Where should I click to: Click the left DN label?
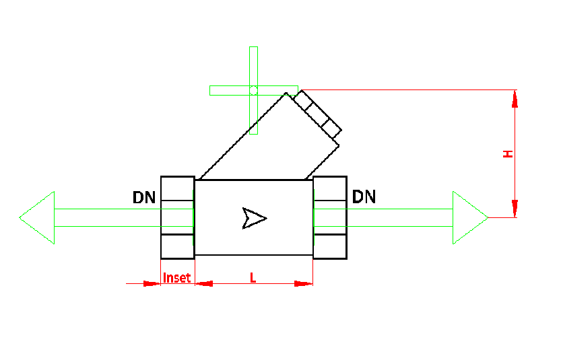(144, 198)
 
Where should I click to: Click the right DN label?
(364, 197)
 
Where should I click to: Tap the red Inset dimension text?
(178, 277)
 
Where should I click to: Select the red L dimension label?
(253, 277)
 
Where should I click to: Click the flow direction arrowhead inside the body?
(254, 217)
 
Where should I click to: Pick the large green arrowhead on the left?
(39, 217)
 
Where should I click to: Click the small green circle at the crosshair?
(253, 89)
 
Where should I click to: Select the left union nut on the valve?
(178, 217)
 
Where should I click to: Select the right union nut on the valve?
(330, 217)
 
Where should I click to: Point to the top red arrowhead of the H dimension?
(515, 98)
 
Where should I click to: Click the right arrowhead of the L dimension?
(304, 283)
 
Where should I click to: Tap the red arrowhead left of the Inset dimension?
(152, 283)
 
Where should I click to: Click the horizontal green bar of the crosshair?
(229, 90)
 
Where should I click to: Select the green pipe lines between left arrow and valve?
(108, 217)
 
